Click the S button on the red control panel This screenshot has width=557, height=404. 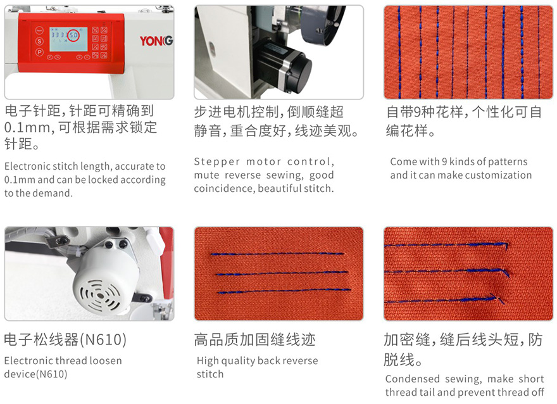coord(39,41)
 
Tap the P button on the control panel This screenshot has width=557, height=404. coord(39,52)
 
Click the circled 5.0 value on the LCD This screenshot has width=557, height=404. coord(73,35)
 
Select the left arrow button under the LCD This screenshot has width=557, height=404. coord(50,57)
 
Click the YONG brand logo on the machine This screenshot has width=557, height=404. coord(156,41)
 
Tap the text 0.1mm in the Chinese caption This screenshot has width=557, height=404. coord(27,127)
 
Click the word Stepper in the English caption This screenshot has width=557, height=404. coord(216,161)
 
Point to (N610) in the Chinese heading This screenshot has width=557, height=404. coord(103,339)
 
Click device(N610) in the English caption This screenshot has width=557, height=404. coord(35,374)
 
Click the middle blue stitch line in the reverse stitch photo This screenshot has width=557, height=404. coord(282,274)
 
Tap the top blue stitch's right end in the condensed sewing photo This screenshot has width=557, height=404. coord(507,244)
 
